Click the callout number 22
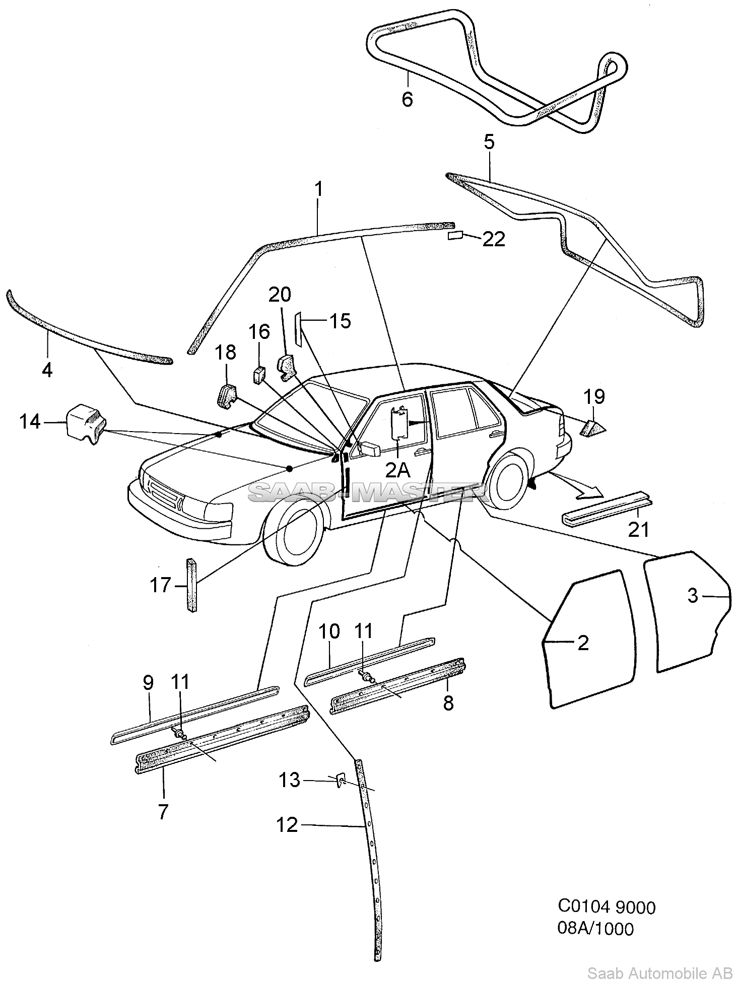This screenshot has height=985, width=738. click(x=493, y=239)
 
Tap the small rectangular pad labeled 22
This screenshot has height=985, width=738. click(x=456, y=236)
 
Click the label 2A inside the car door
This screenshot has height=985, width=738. click(x=397, y=470)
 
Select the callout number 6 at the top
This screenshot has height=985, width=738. click(x=407, y=99)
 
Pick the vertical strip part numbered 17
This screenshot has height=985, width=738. click(x=192, y=585)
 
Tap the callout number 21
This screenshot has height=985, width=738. click(x=638, y=529)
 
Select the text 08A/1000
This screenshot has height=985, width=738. click(x=595, y=928)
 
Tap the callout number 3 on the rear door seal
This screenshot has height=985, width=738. click(x=693, y=596)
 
